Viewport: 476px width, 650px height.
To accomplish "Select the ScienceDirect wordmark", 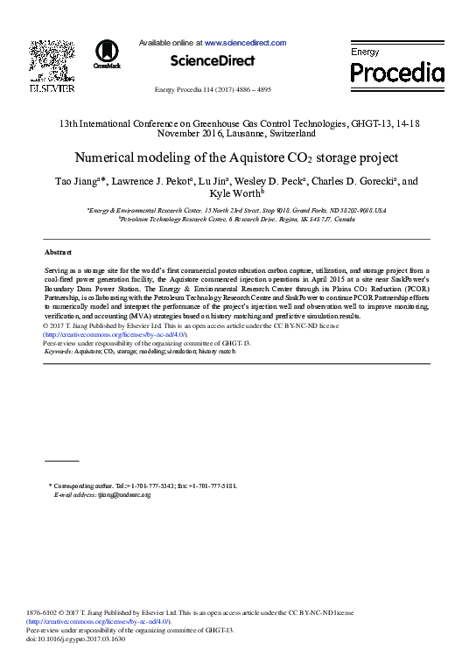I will pos(212,61).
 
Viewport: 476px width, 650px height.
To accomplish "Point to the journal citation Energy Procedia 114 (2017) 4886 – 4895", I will pos(212,90).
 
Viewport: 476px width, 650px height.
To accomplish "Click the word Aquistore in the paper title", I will pos(262,158).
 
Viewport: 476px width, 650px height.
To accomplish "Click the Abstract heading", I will pos(58,251).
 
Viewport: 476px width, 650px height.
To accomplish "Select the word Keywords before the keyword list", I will pos(60,351).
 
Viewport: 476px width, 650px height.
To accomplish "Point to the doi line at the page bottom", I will pos(76,639).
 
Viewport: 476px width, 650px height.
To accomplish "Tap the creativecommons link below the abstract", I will pos(114,334).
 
